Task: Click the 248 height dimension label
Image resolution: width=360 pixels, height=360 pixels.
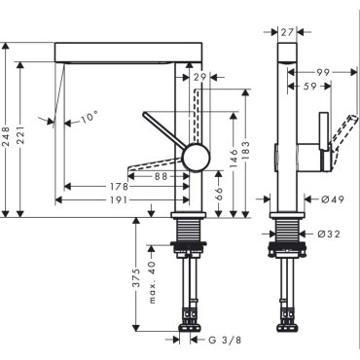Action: pyautogui.click(x=6, y=135)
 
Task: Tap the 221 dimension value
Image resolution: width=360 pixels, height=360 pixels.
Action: pyautogui.click(x=20, y=135)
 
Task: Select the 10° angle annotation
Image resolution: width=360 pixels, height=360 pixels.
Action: pyautogui.click(x=89, y=117)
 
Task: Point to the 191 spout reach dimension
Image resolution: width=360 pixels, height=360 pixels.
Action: pyautogui.click(x=119, y=200)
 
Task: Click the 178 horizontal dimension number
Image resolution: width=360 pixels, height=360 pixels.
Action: pyautogui.click(x=119, y=187)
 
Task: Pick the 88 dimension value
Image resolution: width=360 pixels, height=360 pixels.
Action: pyautogui.click(x=162, y=176)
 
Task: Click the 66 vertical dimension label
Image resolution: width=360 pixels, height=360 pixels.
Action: pyautogui.click(x=219, y=195)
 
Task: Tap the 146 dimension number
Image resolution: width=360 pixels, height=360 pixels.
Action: pyautogui.click(x=234, y=160)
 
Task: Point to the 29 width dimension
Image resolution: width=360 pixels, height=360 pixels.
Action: pyautogui.click(x=199, y=77)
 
